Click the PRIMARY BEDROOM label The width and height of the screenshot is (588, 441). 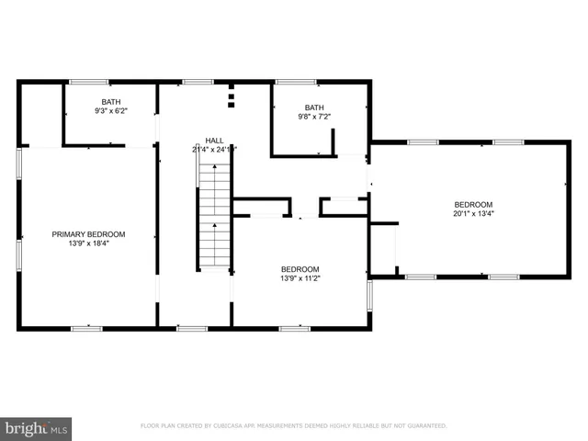click(88, 234)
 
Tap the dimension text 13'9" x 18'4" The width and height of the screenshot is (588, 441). click(88, 244)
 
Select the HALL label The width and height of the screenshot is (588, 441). click(214, 140)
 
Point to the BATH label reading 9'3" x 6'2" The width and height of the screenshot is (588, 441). click(110, 102)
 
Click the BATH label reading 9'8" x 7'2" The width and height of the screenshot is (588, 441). click(314, 107)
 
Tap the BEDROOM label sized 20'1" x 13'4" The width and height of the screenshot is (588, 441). click(473, 204)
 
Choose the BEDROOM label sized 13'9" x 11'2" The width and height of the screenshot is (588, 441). click(300, 268)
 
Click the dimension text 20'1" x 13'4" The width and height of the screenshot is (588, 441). click(473, 214)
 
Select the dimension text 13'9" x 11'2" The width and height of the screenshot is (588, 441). click(300, 278)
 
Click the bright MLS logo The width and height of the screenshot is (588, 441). click(37, 427)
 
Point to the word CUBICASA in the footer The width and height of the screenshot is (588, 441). click(233, 426)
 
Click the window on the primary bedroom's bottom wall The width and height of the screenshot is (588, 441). click(86, 327)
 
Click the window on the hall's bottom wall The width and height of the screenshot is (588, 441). click(192, 327)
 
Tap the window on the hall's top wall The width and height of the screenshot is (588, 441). click(198, 82)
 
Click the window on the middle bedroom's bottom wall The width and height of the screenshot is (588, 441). click(294, 327)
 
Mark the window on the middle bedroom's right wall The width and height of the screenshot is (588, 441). click(369, 294)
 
